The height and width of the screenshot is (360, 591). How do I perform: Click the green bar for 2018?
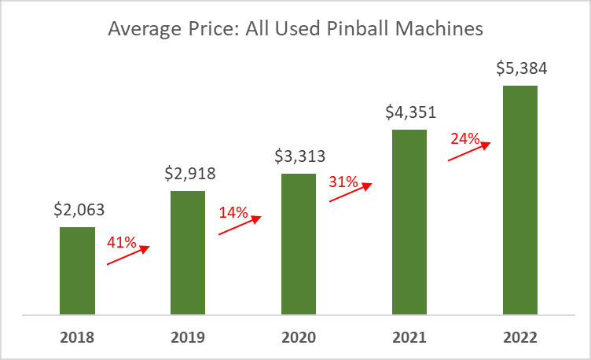pos(77,271)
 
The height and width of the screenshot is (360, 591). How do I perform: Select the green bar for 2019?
pos(188,252)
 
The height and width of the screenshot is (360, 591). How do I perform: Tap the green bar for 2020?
pos(299,244)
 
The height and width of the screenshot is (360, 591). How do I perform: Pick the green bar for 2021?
pos(409,222)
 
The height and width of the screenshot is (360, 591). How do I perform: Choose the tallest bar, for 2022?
pos(520,200)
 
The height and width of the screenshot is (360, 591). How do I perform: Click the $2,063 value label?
pos(79,210)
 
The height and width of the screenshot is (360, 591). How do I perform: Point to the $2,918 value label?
pos(189,173)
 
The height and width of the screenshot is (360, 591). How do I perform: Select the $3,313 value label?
pos(300,156)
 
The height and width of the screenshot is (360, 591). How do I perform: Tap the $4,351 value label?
pos(410,112)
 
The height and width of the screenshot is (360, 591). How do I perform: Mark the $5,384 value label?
pos(521,68)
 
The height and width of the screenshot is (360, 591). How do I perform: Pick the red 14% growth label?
pos(233,212)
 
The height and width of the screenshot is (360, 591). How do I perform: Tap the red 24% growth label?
pos(465,138)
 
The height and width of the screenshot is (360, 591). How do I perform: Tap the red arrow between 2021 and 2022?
pos(470,151)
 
